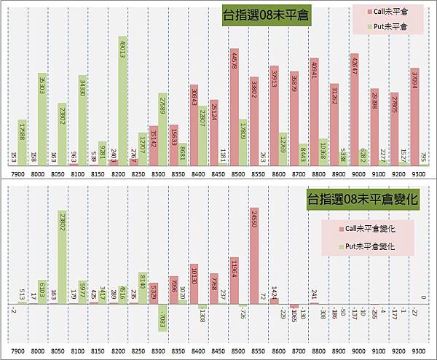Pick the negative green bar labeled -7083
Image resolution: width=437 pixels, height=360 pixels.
(x=162, y=318)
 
